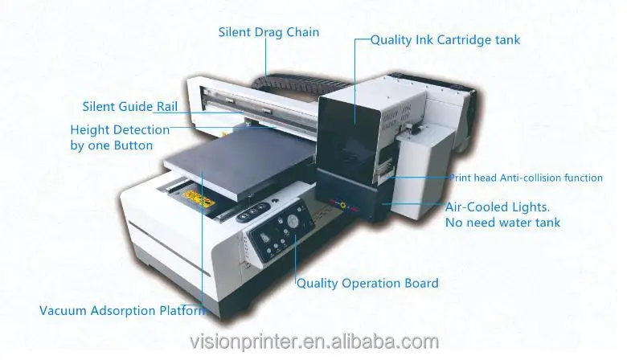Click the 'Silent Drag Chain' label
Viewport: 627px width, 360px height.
pos(268,33)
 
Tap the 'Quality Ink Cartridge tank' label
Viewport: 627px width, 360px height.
pos(445,39)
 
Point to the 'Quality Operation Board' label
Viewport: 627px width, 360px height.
pos(367,283)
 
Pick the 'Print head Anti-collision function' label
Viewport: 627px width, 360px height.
pos(525,178)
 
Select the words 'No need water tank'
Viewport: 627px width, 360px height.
pos(503,222)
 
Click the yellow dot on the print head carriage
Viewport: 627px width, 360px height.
pos(342,206)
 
